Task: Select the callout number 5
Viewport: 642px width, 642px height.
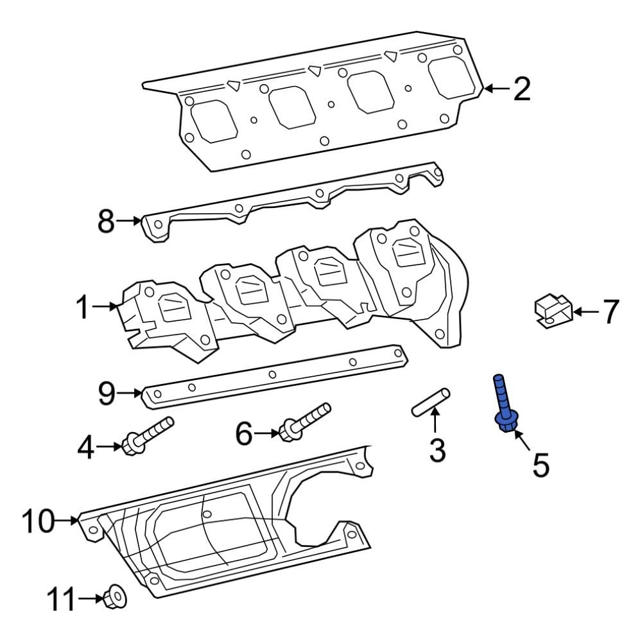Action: [541, 464]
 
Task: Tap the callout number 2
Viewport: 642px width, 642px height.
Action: [522, 89]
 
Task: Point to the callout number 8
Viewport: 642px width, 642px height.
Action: [106, 221]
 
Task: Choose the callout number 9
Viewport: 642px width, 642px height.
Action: [106, 392]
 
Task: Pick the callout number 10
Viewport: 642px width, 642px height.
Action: [39, 521]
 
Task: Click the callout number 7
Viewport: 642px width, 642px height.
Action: [609, 312]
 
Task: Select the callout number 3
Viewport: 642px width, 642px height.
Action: [437, 451]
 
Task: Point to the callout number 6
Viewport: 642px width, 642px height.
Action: [244, 434]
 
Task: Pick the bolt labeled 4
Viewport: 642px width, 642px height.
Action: [148, 435]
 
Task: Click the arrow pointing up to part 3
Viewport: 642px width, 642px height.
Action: [435, 421]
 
